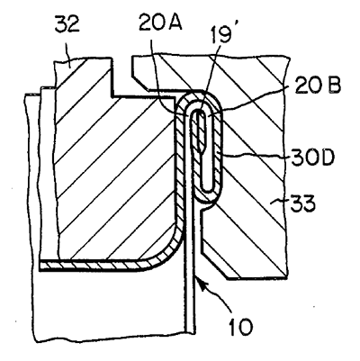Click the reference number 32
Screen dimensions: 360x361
coord(67,24)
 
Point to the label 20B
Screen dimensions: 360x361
coord(318,86)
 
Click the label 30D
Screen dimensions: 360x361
coord(312,158)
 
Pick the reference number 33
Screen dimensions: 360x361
coord(302,203)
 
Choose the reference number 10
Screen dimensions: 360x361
coord(240,326)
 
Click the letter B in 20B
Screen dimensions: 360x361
coord(334,86)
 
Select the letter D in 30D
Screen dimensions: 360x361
coord(327,158)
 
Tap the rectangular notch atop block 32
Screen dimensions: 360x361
coord(121,77)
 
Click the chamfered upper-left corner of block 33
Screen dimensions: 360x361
coord(140,79)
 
